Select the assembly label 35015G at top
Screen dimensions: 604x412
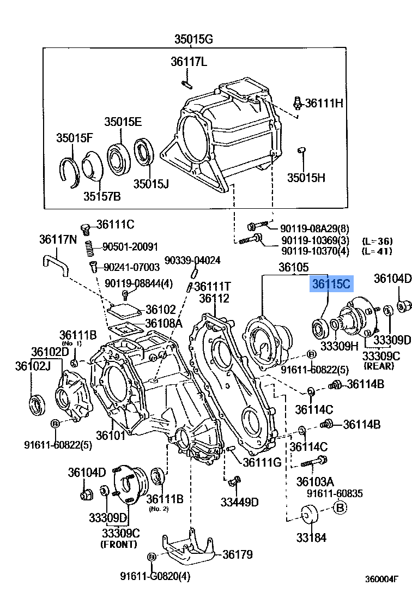tap(193, 39)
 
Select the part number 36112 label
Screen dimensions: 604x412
tap(214, 298)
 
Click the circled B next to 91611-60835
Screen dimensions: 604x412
tap(340, 508)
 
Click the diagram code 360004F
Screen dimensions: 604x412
tap(382, 579)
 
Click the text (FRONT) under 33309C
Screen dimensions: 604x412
tap(119, 544)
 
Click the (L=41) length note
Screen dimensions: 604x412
tap(377, 251)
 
